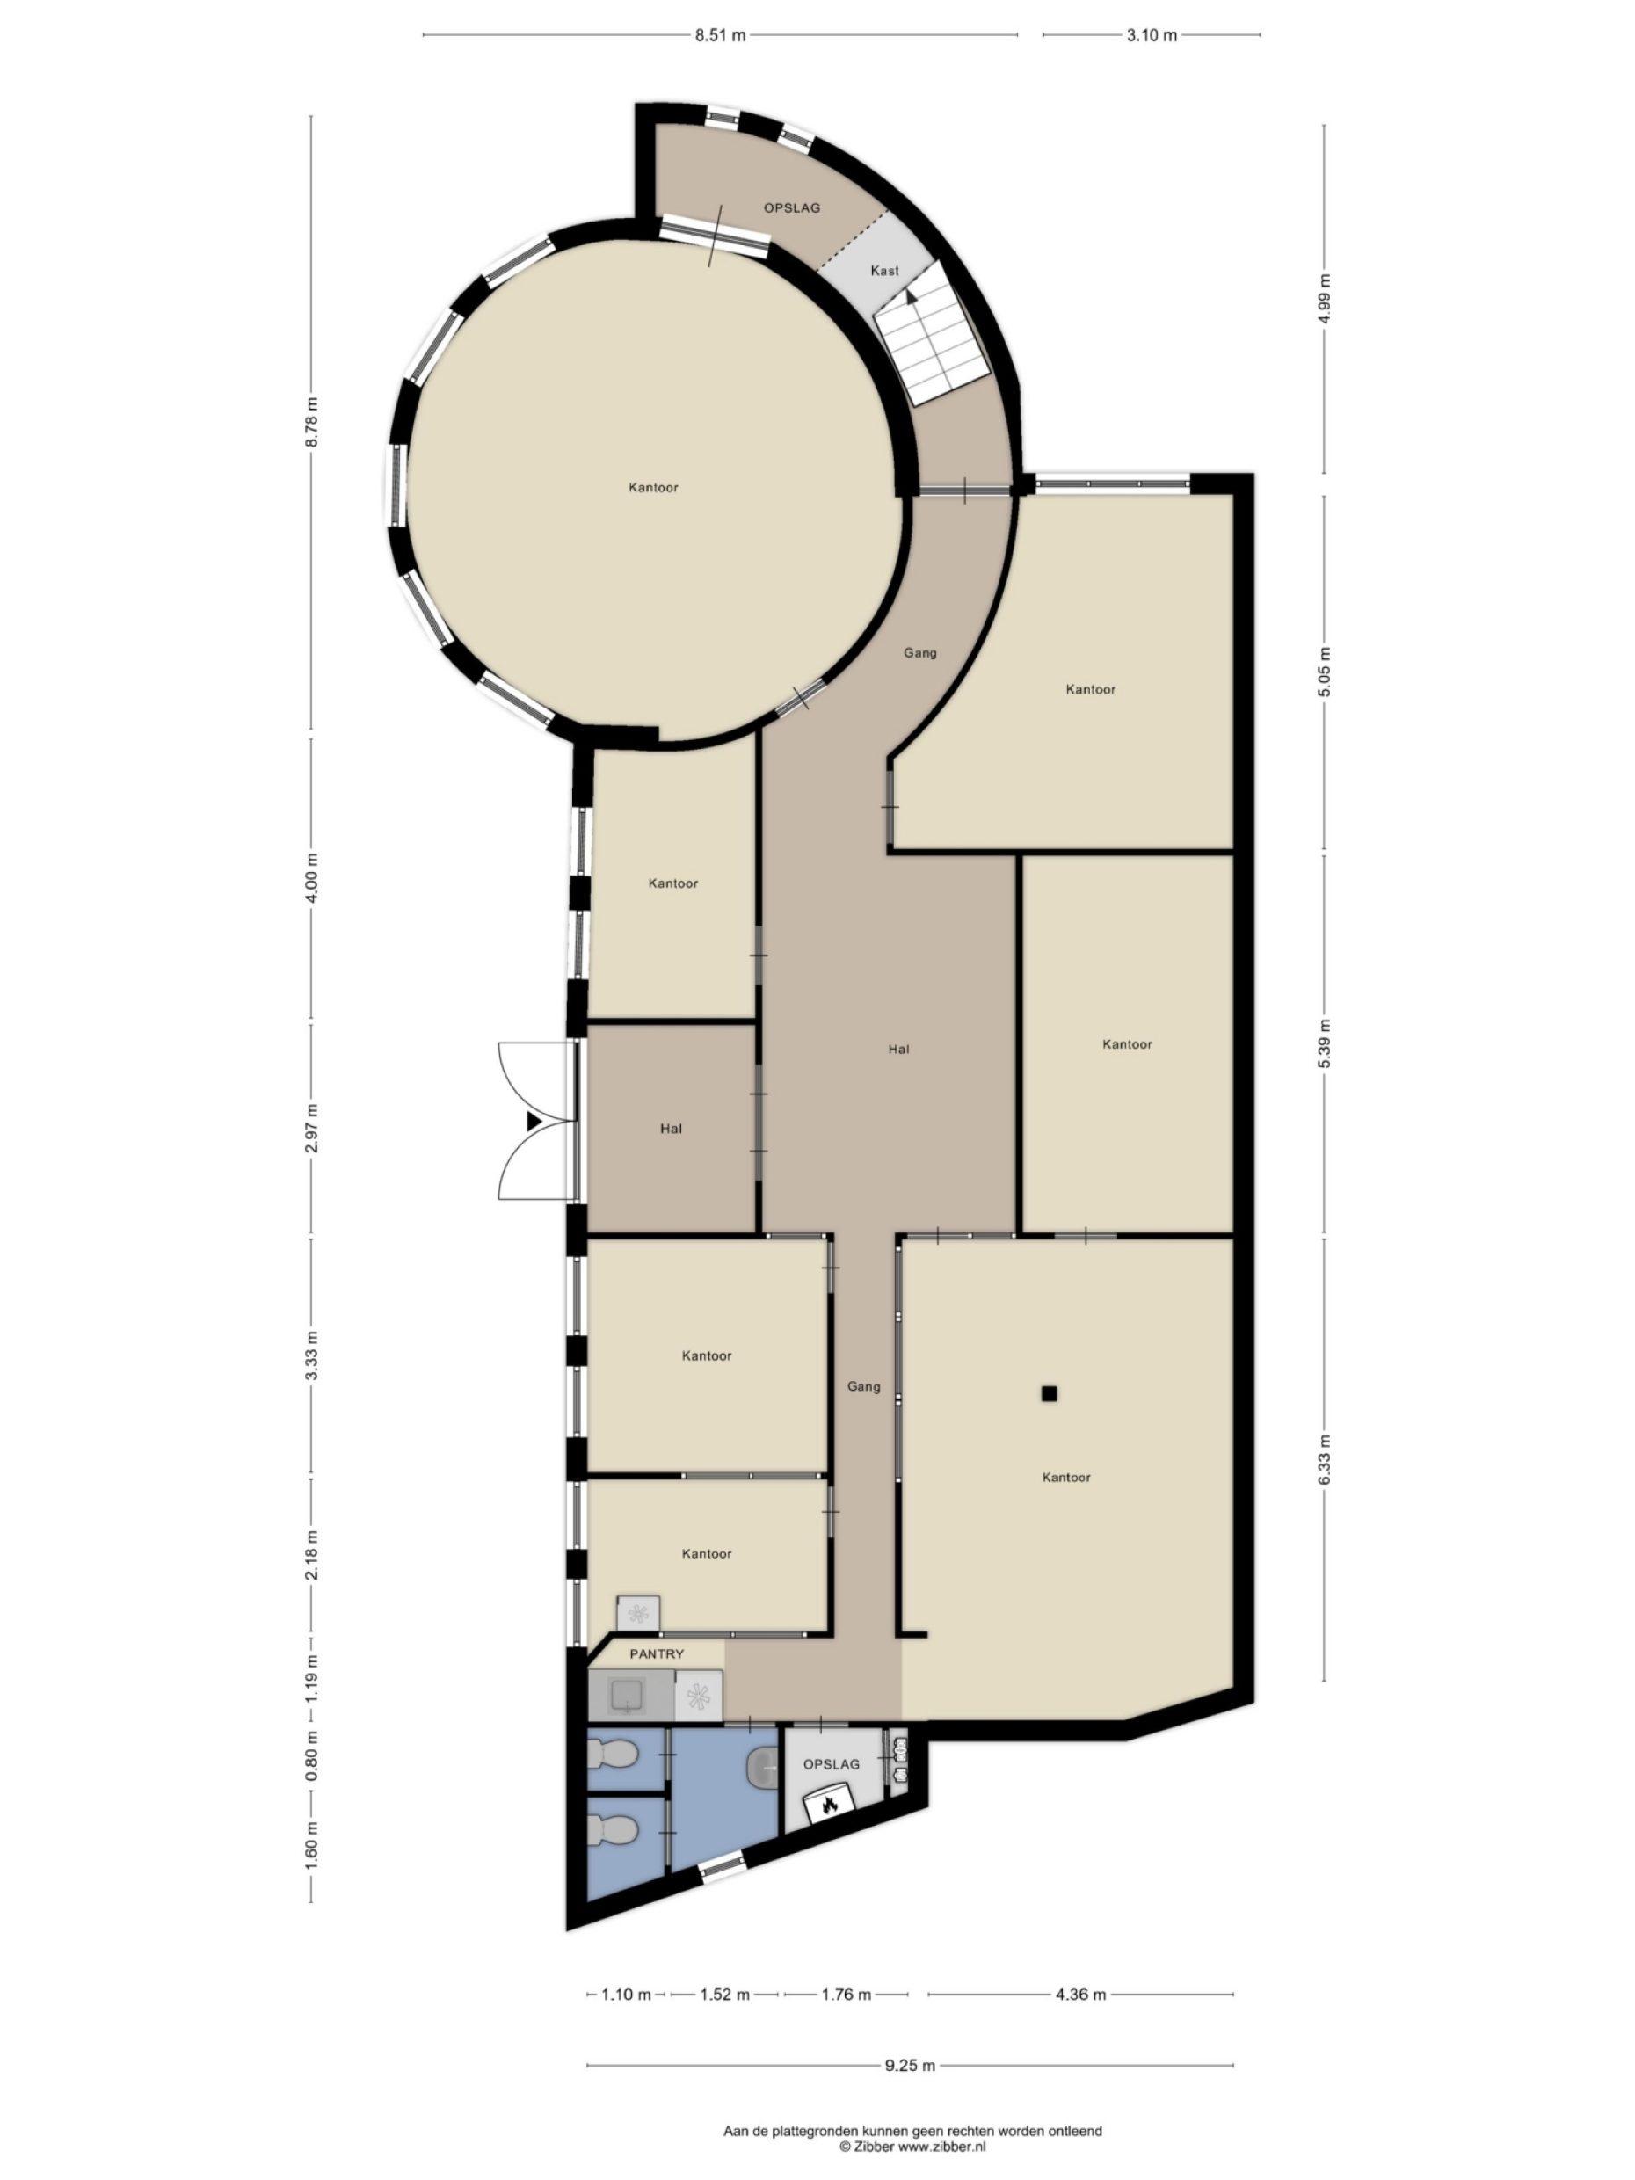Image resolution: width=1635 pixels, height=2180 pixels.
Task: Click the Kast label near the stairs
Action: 884,270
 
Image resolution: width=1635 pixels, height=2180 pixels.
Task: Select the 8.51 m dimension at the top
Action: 719,35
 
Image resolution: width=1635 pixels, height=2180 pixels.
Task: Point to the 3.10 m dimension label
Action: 1152,35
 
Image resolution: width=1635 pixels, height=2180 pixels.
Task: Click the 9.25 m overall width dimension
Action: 909,2065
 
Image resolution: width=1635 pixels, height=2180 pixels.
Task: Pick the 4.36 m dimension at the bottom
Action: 1080,1994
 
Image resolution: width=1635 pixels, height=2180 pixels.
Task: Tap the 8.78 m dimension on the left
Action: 311,422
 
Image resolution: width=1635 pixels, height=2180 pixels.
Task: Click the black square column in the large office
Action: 1049,1393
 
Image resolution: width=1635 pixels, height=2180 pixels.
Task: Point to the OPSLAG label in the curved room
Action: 791,208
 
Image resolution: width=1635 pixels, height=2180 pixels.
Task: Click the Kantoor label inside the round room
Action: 653,487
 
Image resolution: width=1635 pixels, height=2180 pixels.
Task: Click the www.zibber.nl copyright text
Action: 912,2145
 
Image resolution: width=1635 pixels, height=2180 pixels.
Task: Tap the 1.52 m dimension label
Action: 724,1994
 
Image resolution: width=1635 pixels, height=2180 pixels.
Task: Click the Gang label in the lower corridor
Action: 863,1386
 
